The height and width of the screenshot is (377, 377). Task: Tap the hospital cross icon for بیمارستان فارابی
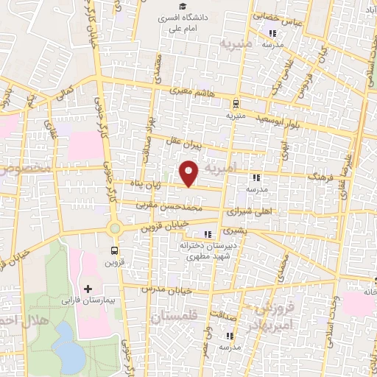[x=88, y=288]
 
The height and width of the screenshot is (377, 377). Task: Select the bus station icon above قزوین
[x=113, y=250]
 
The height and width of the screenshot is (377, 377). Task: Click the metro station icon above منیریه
[x=236, y=104]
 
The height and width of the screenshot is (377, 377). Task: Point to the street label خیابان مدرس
[x=171, y=290]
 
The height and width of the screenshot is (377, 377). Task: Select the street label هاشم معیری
[x=194, y=92]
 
